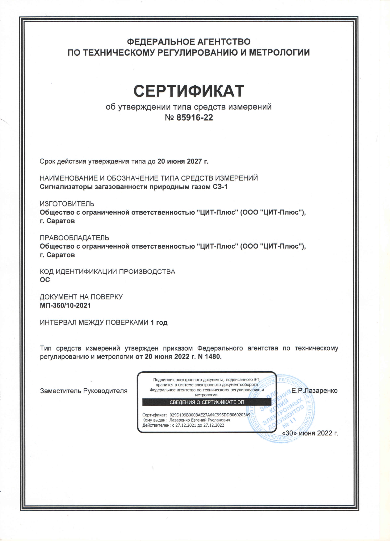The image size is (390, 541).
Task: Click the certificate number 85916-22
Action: (195, 118)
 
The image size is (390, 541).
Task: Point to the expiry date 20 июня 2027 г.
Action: (183, 161)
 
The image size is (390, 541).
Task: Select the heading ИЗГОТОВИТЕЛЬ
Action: (67, 204)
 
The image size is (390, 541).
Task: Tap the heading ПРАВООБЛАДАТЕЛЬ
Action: (74, 238)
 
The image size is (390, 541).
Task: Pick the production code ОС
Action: (45, 280)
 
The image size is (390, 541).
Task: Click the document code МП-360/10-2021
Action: (65, 305)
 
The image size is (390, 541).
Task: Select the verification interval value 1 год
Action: (159, 323)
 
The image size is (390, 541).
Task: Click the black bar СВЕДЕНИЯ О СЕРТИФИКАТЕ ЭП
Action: (207, 402)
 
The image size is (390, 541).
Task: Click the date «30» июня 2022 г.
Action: (310, 433)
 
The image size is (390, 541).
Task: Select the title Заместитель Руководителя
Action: (84, 391)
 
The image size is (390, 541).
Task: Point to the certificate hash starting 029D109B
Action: (210, 415)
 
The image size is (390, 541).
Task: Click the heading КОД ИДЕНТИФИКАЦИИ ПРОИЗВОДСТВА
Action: (107, 272)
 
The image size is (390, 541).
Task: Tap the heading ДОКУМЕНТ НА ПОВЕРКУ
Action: (81, 297)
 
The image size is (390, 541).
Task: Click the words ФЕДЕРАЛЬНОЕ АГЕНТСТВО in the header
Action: (189, 42)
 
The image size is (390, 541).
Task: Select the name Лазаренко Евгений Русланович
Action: (199, 420)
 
